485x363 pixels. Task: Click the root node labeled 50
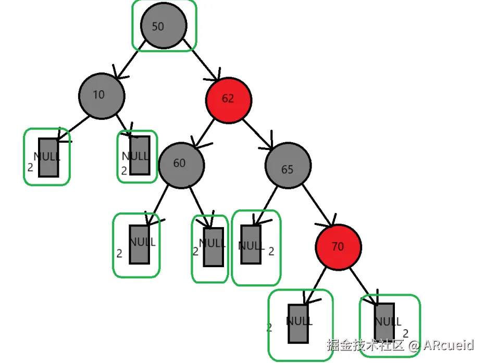164,26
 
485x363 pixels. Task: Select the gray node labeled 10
102,95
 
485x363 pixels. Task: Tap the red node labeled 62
229,99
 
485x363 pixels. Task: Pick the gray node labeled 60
181,164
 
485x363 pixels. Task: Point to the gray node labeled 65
288,166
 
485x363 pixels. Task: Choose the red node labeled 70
338,247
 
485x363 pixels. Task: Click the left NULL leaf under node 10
48,157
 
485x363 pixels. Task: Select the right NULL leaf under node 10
140,155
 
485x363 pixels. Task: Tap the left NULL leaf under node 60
139,244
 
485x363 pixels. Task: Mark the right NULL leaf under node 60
213,246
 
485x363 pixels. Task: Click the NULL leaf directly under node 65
251,244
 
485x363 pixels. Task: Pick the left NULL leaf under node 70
298,322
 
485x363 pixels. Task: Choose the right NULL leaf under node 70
384,322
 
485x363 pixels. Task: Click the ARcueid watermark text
448,345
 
